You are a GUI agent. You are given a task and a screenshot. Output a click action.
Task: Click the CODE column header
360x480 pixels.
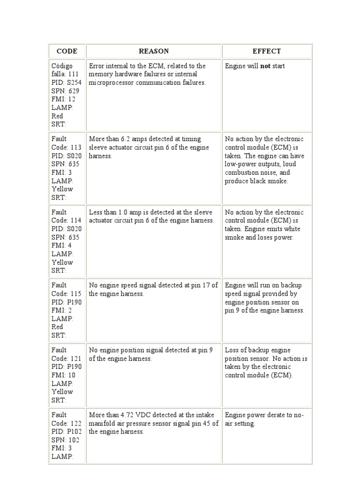pos(67,51)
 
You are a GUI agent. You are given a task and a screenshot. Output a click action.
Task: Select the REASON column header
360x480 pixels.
pos(154,51)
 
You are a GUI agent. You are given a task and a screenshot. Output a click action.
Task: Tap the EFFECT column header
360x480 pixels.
pos(267,51)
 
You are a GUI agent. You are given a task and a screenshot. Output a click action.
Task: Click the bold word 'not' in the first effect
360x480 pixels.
pos(266,66)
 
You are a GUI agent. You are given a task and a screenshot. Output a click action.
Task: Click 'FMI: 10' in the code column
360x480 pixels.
pos(63,375)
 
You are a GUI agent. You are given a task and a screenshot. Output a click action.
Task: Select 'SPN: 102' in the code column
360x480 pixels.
pos(65,440)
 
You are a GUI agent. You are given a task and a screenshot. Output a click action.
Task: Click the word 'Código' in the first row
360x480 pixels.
pos(62,66)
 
